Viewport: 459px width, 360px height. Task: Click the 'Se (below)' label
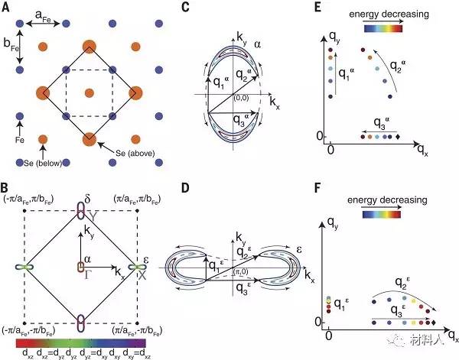click(x=37, y=163)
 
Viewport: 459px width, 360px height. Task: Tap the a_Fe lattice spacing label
click(x=44, y=13)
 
